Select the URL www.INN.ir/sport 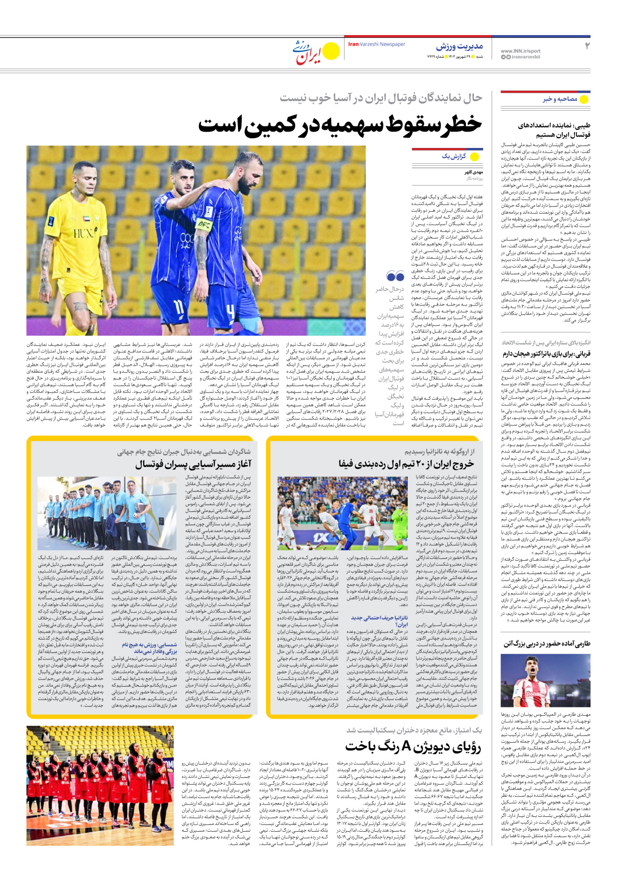(520, 51)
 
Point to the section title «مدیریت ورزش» (459, 46)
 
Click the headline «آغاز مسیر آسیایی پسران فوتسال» (193, 464)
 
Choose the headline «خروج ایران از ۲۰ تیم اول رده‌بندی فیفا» (406, 463)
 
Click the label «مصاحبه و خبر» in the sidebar (560, 99)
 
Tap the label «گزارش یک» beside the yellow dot (454, 156)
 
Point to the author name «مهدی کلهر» (473, 172)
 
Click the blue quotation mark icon (395, 276)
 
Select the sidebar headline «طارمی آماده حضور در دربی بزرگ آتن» (546, 644)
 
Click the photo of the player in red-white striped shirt (545, 681)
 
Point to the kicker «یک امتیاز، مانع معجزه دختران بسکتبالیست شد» (414, 730)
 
